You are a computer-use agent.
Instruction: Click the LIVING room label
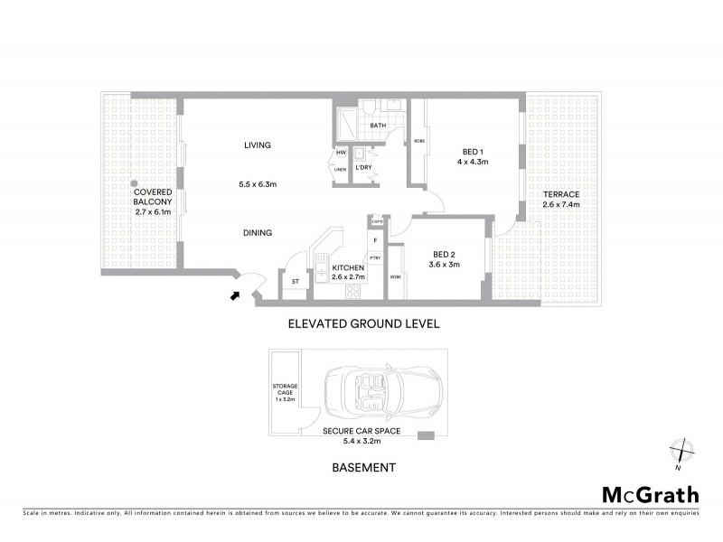pos(258,145)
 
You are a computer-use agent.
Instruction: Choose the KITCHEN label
pos(348,268)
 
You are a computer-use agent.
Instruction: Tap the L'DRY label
pos(364,168)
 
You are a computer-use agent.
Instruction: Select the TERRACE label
pos(561,195)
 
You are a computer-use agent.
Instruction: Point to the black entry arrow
pos(237,294)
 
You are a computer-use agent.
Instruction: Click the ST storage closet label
pos(295,282)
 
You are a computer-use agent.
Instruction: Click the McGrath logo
pos(650,494)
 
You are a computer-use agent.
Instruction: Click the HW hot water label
pos(341,154)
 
